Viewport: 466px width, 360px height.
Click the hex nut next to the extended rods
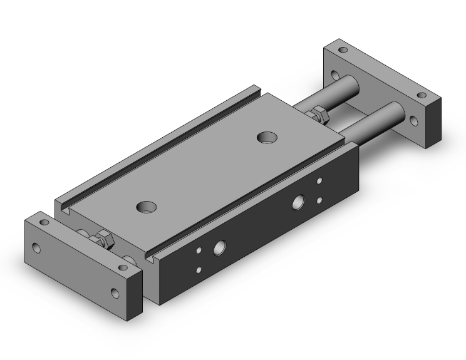tap(317, 114)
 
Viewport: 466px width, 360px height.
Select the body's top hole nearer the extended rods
tap(269, 136)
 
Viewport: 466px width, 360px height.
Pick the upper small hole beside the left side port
tap(200, 252)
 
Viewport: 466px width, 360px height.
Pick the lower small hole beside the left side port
tap(200, 270)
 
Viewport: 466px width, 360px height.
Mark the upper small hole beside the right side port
tap(319, 182)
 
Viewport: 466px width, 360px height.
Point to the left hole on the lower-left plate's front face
tap(36, 247)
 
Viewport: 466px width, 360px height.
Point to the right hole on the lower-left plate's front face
tap(115, 292)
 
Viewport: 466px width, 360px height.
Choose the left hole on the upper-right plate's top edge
tap(342, 49)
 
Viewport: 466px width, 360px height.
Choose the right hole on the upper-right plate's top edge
tap(421, 96)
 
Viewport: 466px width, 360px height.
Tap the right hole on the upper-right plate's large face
tap(413, 120)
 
